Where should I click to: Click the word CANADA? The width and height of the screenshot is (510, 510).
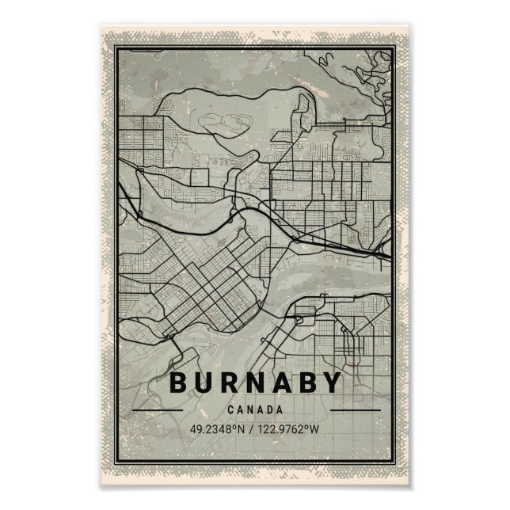pos(255,410)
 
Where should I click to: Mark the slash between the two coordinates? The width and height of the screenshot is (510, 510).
pos(251,429)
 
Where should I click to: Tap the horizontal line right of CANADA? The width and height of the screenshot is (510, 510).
pos(355,410)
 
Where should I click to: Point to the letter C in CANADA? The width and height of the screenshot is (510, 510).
pos(230,410)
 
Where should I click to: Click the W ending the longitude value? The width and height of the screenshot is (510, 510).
pos(316,429)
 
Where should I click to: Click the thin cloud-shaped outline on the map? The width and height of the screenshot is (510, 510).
pos(219,123)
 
